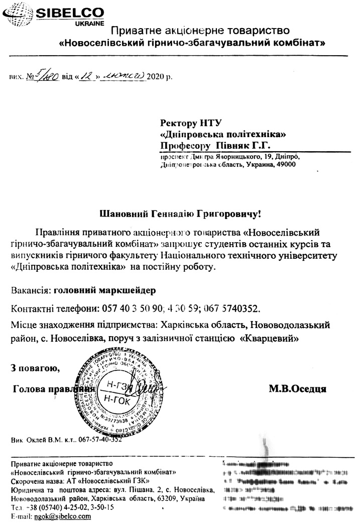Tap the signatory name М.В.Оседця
click(x=298, y=388)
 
